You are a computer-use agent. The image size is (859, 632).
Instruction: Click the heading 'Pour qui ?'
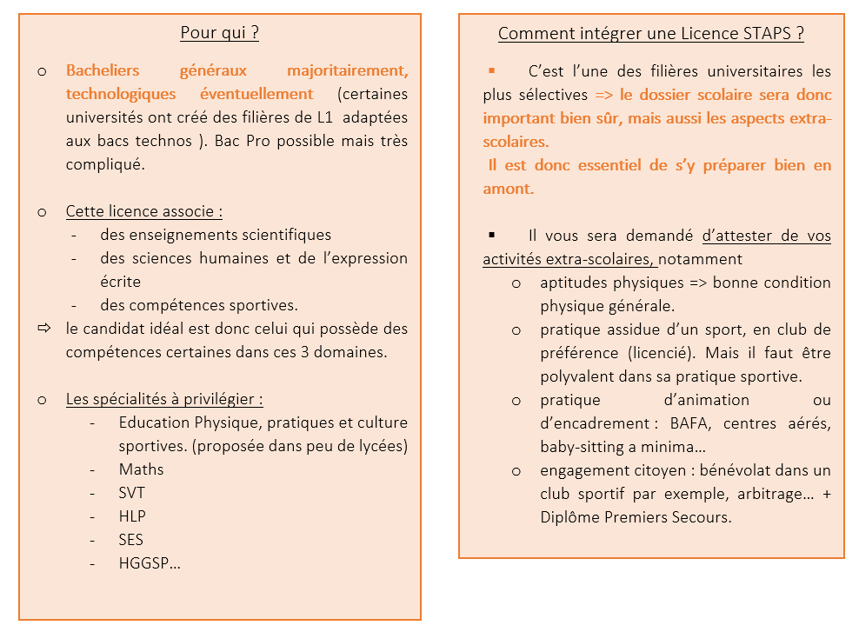219,34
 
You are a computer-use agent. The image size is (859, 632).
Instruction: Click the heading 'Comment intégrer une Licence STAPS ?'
650,35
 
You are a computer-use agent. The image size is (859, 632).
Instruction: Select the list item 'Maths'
141,469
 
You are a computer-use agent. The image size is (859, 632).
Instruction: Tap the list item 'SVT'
131,493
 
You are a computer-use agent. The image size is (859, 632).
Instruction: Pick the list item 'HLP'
132,516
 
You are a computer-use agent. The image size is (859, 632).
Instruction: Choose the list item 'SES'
131,540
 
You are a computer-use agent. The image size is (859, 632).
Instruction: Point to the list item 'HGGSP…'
150,563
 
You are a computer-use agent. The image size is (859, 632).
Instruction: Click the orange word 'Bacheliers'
103,70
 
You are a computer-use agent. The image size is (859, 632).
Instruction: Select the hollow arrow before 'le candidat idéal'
43,329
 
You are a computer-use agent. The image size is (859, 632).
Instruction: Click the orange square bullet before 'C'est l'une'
491,70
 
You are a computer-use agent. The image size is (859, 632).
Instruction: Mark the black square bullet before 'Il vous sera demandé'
491,235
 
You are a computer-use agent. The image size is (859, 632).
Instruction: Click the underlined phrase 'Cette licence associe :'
143,211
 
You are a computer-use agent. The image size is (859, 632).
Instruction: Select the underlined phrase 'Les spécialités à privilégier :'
164,399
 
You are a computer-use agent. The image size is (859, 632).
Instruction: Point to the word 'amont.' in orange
508,189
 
